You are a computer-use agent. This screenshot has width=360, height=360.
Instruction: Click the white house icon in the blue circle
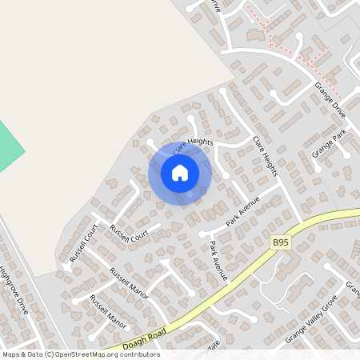point(180,172)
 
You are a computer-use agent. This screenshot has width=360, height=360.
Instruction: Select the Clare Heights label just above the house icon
point(192,144)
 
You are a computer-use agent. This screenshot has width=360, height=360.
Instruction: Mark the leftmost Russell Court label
point(82,243)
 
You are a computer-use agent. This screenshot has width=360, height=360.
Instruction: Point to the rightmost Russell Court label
point(129,234)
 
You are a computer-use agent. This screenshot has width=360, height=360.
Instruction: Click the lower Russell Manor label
point(108,311)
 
